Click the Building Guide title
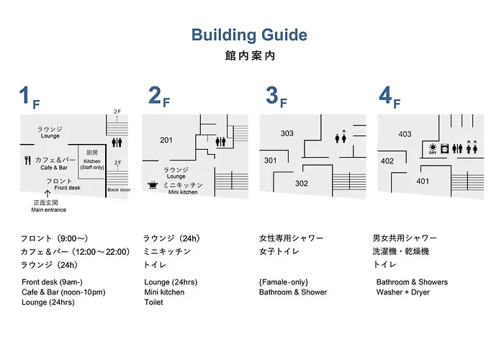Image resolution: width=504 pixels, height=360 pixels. (x=249, y=35)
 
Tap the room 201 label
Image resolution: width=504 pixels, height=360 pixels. (x=166, y=140)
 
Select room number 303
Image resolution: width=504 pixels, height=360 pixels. (x=287, y=133)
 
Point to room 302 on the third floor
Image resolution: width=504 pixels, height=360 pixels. (x=302, y=184)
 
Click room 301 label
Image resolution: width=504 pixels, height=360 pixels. (x=270, y=161)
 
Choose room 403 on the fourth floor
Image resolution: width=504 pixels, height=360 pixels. (x=405, y=134)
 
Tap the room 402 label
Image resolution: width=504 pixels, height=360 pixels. (x=387, y=161)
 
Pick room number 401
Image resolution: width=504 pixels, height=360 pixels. (x=423, y=181)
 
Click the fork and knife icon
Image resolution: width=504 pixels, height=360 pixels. (x=27, y=161)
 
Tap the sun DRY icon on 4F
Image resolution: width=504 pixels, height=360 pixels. (x=433, y=149)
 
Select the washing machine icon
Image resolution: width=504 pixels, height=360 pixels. (x=444, y=149)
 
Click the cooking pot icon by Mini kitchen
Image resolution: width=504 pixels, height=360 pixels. (x=153, y=185)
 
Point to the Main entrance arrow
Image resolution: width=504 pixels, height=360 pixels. (x=48, y=194)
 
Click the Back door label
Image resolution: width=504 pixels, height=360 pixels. (x=119, y=190)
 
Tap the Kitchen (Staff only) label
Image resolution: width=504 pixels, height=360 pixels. (x=92, y=164)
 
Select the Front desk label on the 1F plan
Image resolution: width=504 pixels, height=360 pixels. (x=67, y=188)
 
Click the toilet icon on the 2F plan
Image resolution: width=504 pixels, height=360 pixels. (x=220, y=141)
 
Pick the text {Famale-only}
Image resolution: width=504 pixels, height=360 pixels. (x=284, y=282)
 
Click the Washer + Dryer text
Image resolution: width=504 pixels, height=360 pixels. (x=403, y=292)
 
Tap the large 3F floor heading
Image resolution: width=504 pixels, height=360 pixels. (x=276, y=97)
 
